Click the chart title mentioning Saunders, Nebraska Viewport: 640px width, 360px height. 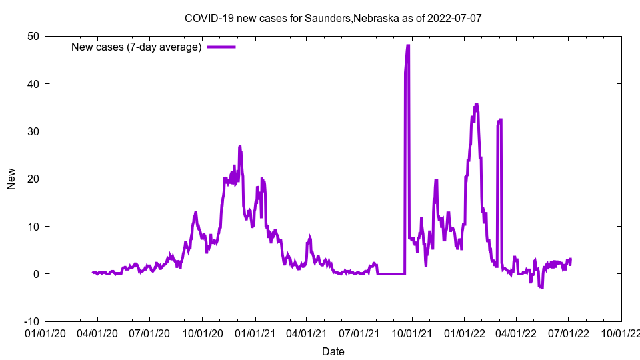333,18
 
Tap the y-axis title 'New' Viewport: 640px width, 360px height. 11,178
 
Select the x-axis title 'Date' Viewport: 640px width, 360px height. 333,351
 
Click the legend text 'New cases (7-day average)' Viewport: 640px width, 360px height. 136,47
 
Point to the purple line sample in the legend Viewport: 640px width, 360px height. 221,47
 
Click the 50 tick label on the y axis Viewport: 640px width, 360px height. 33,36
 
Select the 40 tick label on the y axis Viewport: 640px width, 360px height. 33,84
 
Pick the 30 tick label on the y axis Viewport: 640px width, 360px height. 33,131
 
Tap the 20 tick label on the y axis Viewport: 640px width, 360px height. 33,179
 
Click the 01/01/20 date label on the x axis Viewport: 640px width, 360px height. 45,332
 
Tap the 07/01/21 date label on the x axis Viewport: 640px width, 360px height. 359,332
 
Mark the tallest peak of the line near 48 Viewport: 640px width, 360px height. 407,46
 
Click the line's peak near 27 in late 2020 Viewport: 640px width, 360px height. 239,147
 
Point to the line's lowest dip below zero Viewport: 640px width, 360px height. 541,287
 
